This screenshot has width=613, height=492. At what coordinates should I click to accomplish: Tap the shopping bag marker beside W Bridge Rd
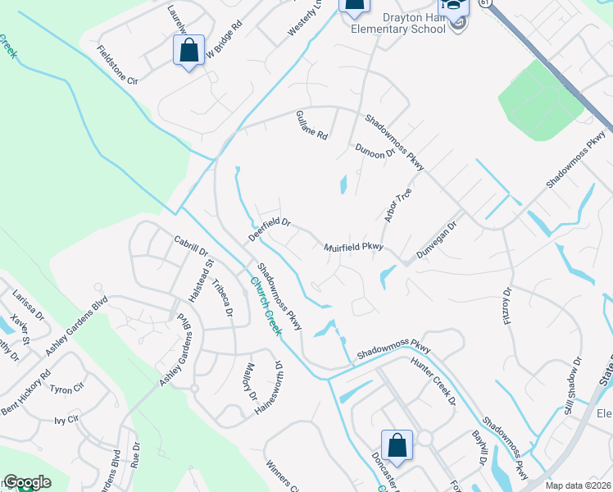coord(189,51)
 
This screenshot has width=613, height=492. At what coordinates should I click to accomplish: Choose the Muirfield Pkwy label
coord(353,244)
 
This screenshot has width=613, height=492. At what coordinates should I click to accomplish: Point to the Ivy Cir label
coord(66,420)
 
